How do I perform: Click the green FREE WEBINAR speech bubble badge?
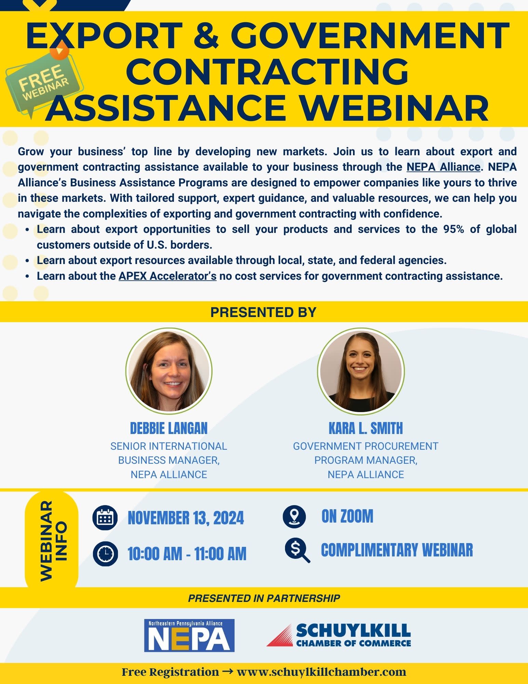[x=43, y=82]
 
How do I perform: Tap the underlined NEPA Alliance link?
[x=443, y=167]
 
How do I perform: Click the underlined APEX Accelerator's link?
[x=167, y=276]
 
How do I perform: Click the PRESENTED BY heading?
[x=263, y=312]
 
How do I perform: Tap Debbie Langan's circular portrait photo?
[x=169, y=371]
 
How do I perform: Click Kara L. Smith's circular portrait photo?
[x=361, y=371]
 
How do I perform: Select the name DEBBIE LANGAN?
[x=169, y=428]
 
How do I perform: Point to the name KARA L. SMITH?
[x=366, y=428]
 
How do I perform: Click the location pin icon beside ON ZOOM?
[x=294, y=516]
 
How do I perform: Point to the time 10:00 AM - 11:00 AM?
[x=187, y=554]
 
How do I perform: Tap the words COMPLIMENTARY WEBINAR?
[x=397, y=550]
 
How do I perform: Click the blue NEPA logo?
[x=189, y=635]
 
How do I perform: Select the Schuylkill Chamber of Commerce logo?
[x=339, y=635]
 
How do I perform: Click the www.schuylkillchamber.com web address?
[x=322, y=672]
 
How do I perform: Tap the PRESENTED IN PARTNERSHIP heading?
[x=264, y=598]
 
